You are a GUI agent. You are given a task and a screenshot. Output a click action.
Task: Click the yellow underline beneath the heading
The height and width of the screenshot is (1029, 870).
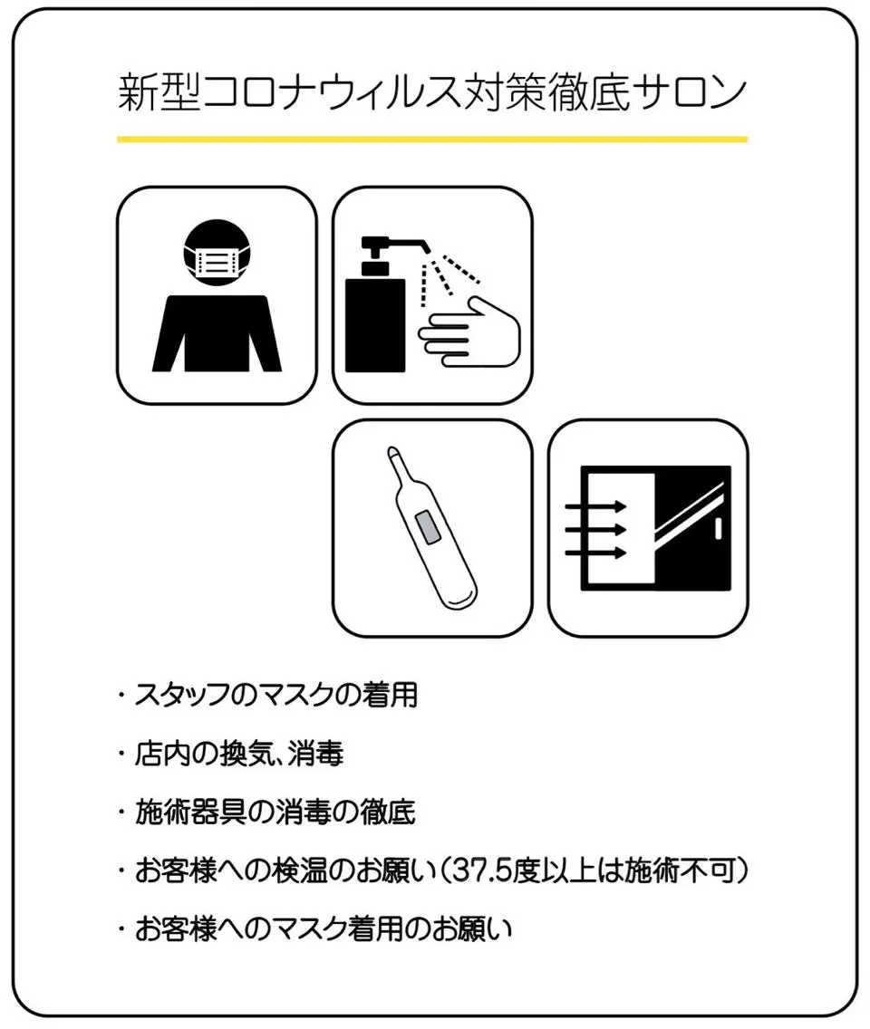click(x=432, y=139)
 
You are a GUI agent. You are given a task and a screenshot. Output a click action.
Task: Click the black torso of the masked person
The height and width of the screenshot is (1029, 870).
click(x=217, y=333)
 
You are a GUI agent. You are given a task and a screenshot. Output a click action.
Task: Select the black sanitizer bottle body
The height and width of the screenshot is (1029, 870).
click(x=375, y=325)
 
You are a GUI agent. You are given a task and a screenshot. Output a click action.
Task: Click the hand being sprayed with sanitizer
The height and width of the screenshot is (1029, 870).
click(x=470, y=332)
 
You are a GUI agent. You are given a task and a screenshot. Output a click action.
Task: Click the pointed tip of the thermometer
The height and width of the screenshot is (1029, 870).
click(x=392, y=451)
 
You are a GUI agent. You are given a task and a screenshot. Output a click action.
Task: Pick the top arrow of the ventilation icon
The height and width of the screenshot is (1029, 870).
click(x=595, y=506)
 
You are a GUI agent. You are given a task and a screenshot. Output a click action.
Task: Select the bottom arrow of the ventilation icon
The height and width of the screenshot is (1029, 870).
click(x=595, y=553)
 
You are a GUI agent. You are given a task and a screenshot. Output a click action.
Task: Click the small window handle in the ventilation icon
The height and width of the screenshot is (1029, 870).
click(x=718, y=529)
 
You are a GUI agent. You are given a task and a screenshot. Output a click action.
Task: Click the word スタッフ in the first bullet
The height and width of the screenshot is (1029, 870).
click(x=188, y=695)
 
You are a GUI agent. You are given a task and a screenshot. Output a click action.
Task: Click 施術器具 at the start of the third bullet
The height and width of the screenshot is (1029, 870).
click(x=190, y=813)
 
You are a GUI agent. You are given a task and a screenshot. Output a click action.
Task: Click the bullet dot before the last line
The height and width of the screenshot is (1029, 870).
click(x=121, y=929)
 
